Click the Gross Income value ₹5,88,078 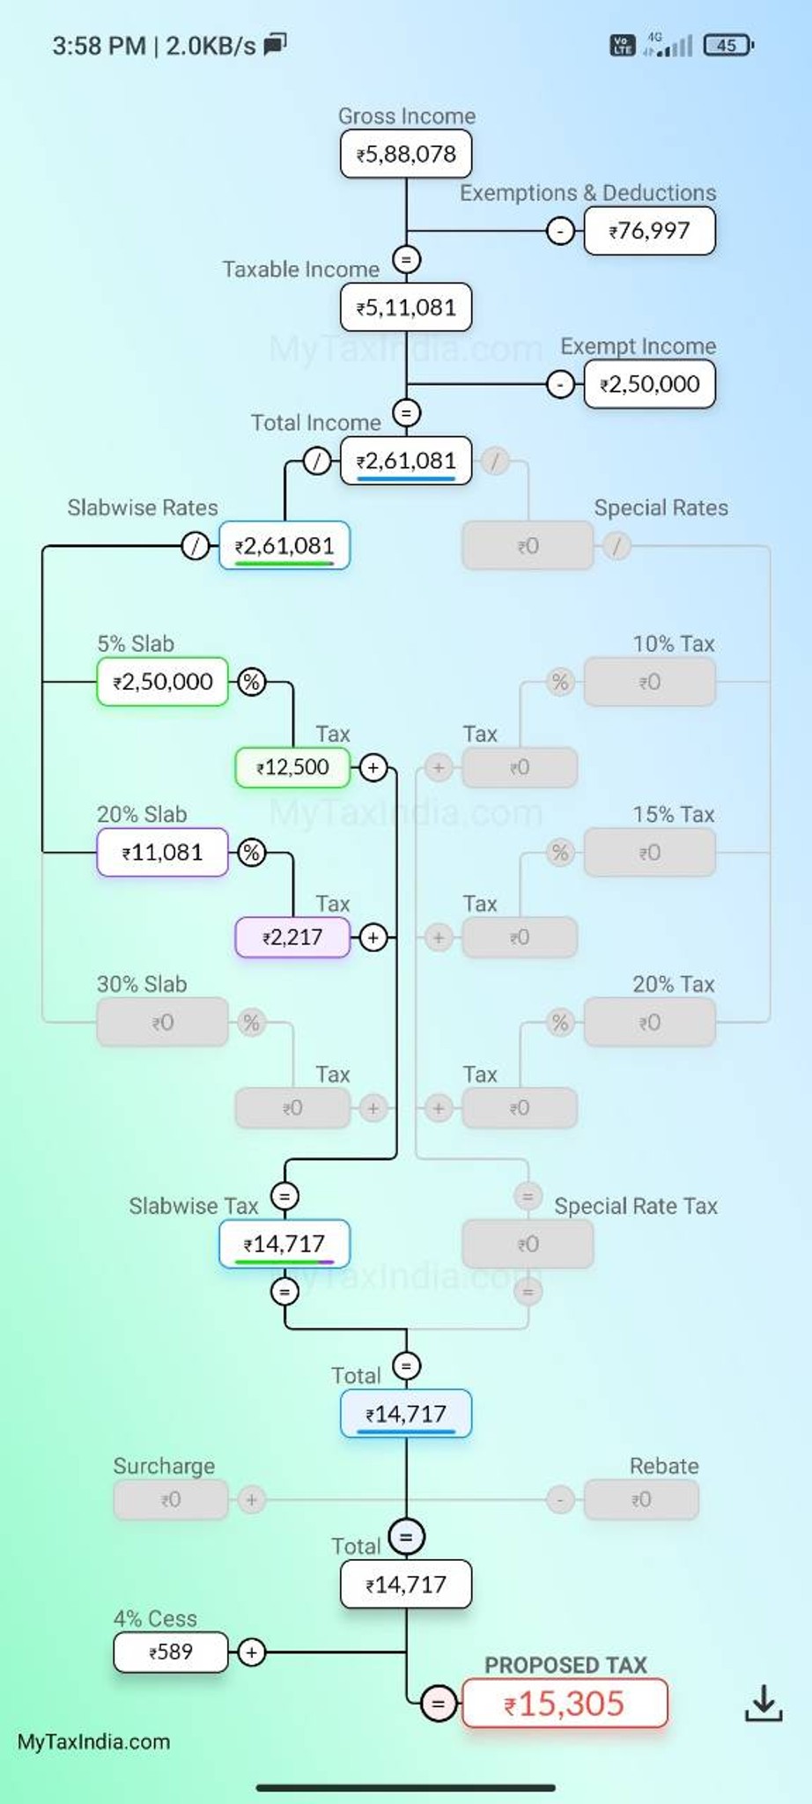tap(406, 154)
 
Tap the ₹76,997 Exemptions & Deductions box tap(650, 231)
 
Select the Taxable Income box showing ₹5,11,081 tap(406, 307)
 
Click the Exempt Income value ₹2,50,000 tap(650, 384)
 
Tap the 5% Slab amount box tap(163, 682)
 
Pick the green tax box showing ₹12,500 tap(292, 767)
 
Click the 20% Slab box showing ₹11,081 tap(163, 853)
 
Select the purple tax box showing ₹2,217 tap(292, 937)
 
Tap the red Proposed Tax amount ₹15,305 tap(565, 1703)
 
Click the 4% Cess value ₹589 tap(171, 1652)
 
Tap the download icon tap(764, 1703)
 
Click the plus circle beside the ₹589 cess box tap(252, 1652)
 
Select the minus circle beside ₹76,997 tap(560, 231)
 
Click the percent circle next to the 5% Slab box tap(252, 682)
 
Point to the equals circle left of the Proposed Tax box tap(439, 1703)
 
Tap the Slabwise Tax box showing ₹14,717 tap(284, 1244)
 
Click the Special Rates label tap(661, 508)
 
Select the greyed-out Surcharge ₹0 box tap(171, 1499)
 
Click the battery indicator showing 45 tap(728, 45)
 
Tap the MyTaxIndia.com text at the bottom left tap(93, 1741)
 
